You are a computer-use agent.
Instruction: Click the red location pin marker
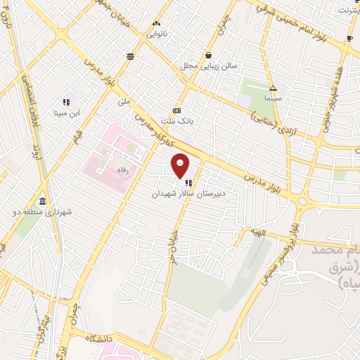pyautogui.click(x=181, y=166)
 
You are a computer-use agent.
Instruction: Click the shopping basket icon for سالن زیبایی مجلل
pyautogui.click(x=208, y=54)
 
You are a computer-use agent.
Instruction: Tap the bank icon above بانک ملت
pyautogui.click(x=176, y=110)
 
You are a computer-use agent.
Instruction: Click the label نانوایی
pyautogui.click(x=156, y=32)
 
